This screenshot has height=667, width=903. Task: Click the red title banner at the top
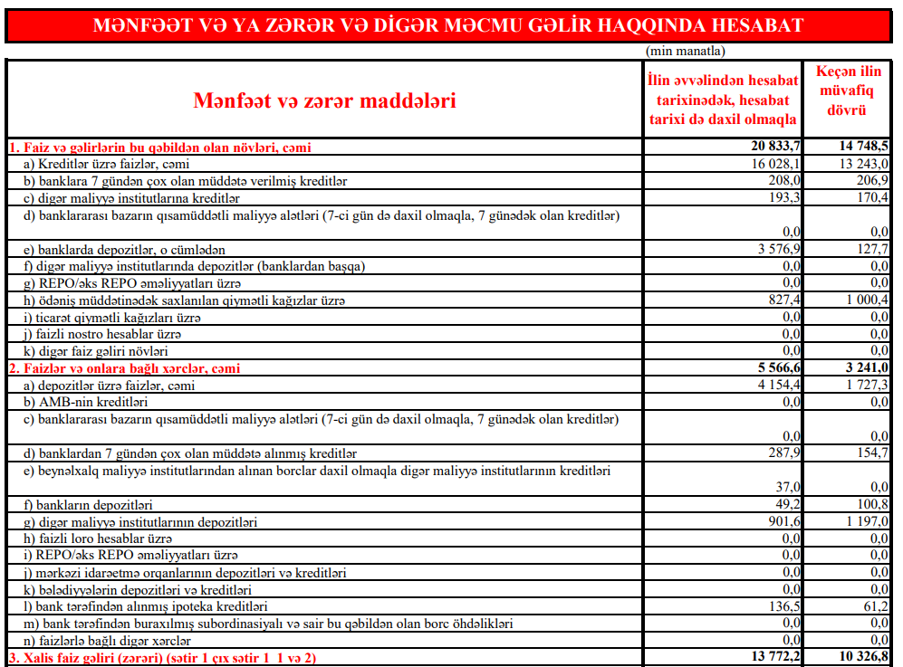click(x=448, y=24)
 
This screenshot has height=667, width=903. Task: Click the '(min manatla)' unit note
click(x=686, y=52)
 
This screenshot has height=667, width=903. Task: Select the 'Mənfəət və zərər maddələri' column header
click(x=324, y=100)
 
